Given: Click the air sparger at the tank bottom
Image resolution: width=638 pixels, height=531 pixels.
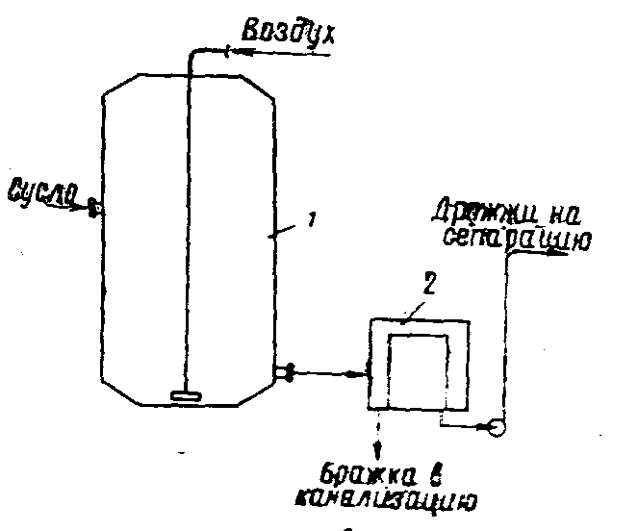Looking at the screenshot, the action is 183,393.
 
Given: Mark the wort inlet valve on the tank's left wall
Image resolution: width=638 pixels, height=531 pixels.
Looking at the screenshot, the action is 94,206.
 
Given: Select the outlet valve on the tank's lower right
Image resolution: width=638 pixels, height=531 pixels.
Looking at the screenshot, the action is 285,370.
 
